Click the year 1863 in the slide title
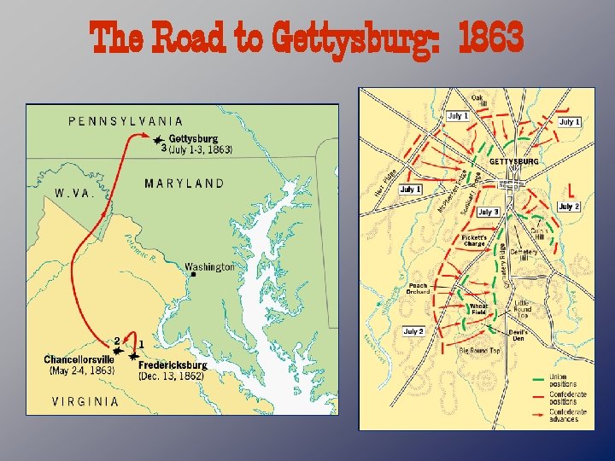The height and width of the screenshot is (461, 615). [490, 38]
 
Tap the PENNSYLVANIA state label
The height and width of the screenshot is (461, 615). [125, 121]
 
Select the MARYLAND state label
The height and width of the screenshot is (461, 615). [184, 183]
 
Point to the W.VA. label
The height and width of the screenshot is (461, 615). [75, 193]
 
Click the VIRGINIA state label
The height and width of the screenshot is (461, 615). [85, 401]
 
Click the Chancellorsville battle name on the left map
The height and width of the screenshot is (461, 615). [79, 359]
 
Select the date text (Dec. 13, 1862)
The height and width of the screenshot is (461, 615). [172, 376]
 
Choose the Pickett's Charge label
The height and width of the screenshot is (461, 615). [474, 240]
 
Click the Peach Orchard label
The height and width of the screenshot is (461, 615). [418, 289]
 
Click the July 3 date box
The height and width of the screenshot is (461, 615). [488, 212]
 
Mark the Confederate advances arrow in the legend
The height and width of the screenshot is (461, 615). [540, 413]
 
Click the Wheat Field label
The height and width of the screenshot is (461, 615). [478, 309]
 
